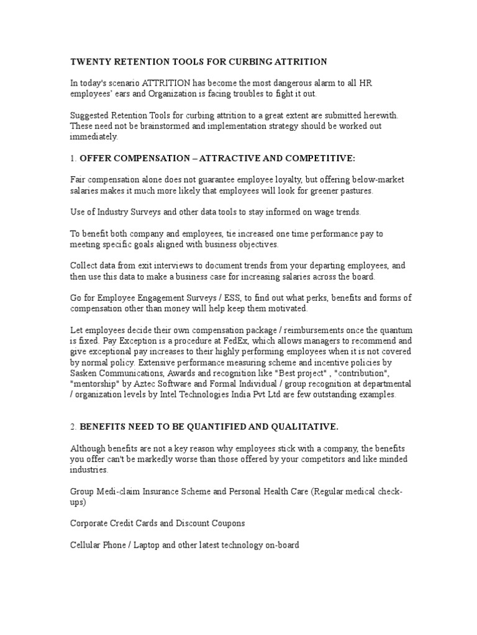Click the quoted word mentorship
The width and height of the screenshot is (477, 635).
(x=93, y=384)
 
